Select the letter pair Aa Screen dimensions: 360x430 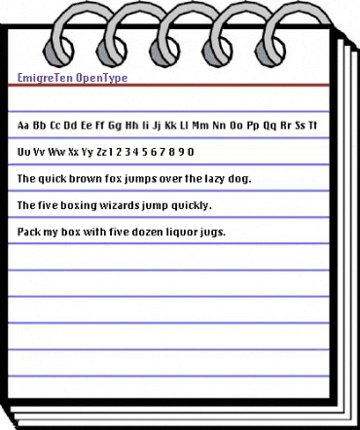[23, 125]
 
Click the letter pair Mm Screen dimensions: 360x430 [200, 125]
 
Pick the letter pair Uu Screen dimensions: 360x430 [23, 152]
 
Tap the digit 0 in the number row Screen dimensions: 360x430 [191, 152]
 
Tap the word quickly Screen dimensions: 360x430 [193, 207]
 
